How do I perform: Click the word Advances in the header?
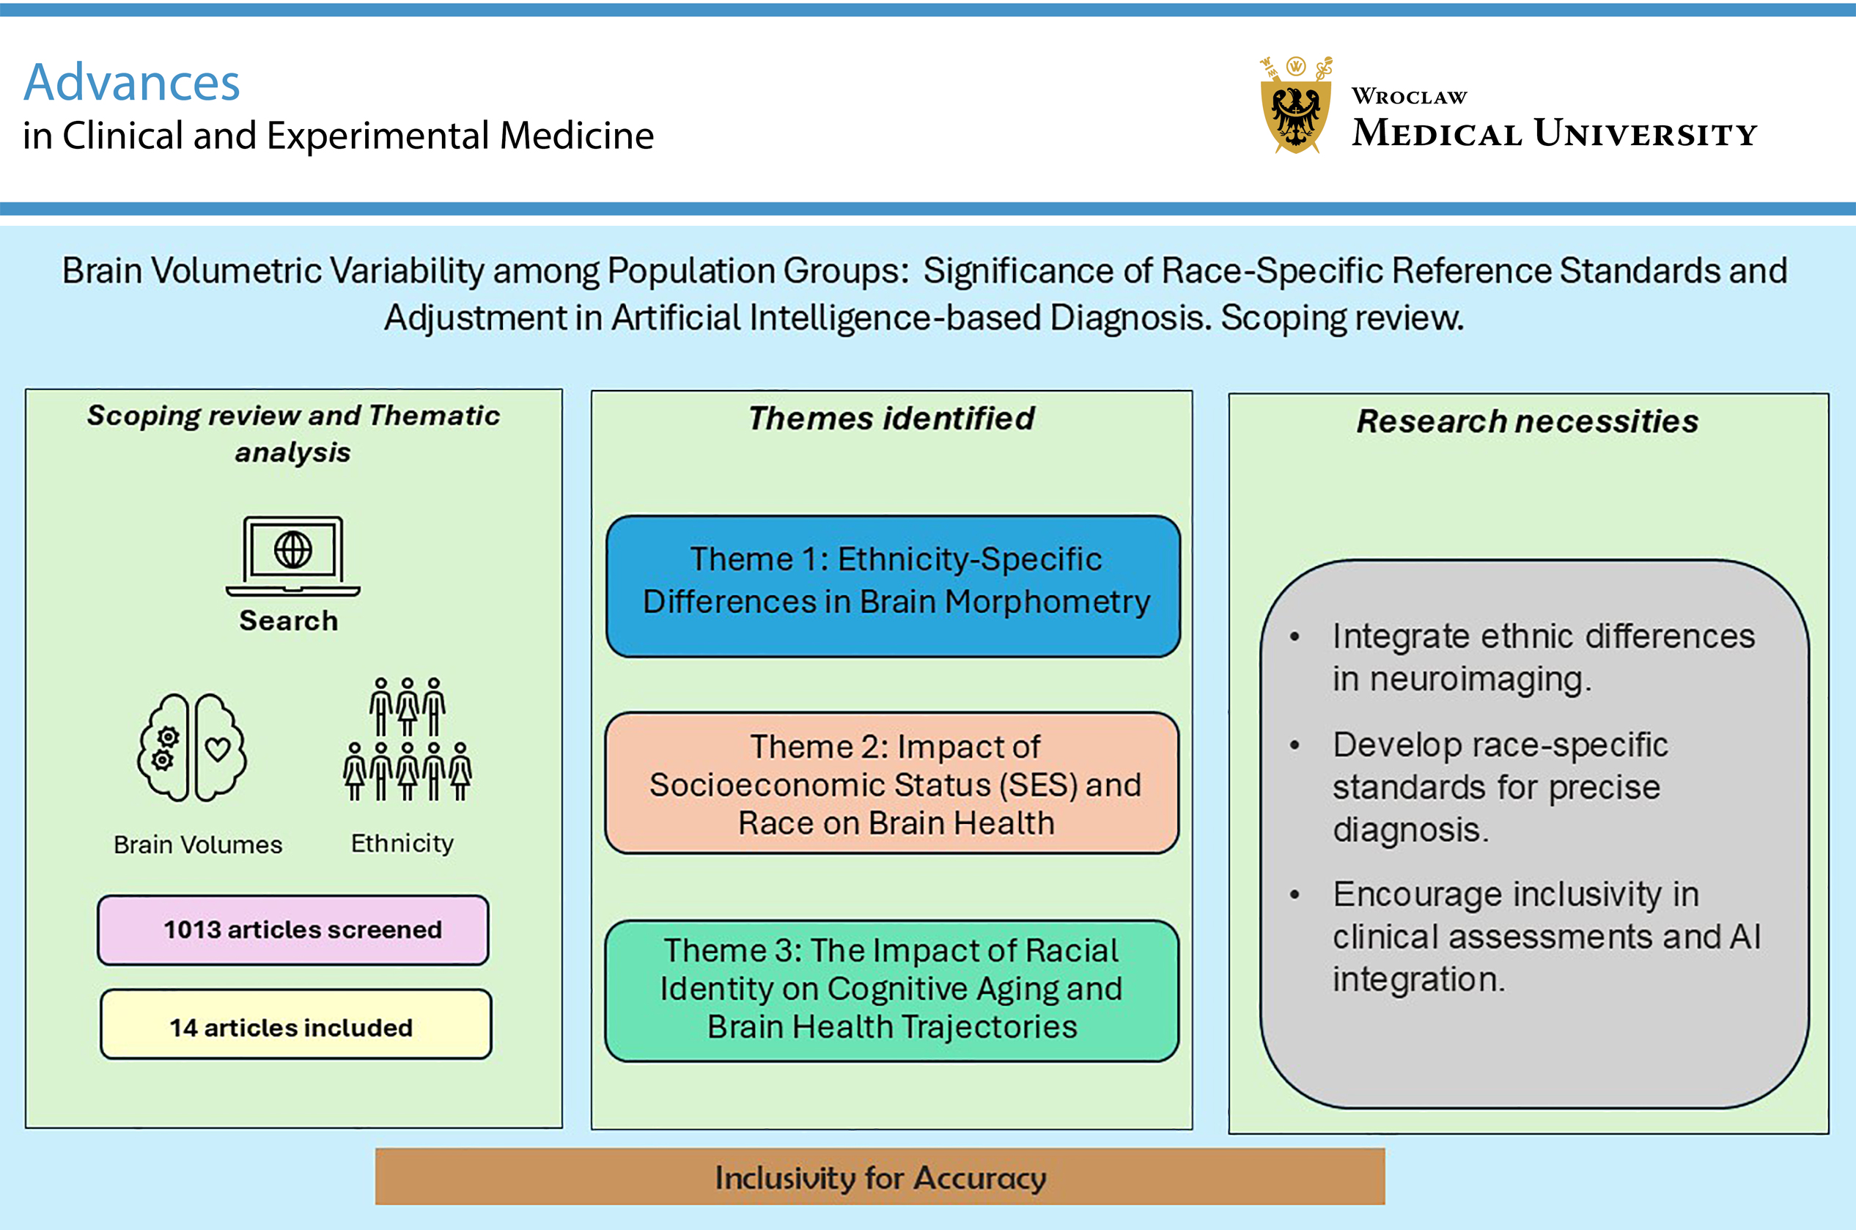pos(132,82)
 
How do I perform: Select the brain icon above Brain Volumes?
pos(192,747)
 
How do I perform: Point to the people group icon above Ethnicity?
pos(407,740)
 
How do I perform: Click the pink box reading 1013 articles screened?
pos(292,929)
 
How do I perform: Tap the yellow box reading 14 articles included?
pos(295,1025)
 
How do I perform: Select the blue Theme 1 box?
pos(893,585)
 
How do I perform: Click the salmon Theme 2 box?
pos(892,783)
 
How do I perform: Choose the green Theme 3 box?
pos(892,990)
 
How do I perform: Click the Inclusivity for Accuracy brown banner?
pos(880,1176)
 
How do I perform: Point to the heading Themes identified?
pos(891,418)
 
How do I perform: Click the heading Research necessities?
pos(1528,421)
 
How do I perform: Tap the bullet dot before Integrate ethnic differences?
pos(1295,638)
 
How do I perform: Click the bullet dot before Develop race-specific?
pos(1295,746)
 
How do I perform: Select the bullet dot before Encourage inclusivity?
pos(1295,895)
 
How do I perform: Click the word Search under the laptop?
pos(289,620)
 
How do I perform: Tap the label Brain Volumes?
pos(198,845)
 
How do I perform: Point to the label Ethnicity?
pos(402,843)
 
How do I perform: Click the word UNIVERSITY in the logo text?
pos(1646,133)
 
